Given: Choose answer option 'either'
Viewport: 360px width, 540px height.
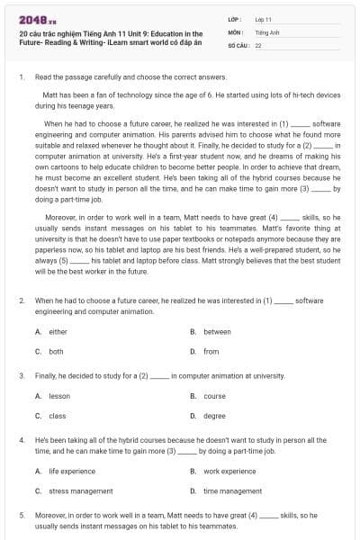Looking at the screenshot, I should point(58,331).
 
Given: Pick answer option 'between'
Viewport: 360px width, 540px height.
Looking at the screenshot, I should point(217,331).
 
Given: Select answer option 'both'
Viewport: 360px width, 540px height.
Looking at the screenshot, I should point(56,352).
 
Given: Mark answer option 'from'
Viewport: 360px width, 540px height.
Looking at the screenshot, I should point(211,352).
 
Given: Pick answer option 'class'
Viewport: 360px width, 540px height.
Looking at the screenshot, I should point(58,416).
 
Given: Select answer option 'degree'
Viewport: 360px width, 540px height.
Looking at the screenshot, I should point(214,416).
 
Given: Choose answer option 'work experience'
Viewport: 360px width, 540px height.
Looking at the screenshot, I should point(229,471).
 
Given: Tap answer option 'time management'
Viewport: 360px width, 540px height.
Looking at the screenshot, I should point(232,490).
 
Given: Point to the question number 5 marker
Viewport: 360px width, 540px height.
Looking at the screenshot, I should point(21,516).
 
